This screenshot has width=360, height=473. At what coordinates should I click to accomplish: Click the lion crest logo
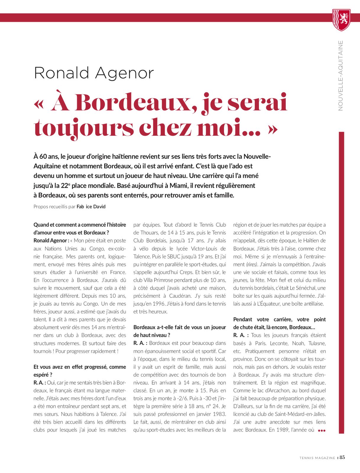click(341, 20)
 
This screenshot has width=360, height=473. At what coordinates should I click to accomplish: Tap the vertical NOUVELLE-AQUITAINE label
click(340, 76)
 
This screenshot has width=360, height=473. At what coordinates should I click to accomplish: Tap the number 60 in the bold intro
click(43, 156)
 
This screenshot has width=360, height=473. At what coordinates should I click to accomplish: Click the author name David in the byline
click(99, 207)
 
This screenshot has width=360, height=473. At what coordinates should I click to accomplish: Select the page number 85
click(342, 457)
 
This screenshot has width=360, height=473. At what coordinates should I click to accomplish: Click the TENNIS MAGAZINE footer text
click(317, 458)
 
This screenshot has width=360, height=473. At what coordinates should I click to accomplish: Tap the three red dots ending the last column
click(322, 430)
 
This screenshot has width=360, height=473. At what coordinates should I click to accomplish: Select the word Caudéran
click(181, 296)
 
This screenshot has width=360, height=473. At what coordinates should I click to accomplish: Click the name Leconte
click(279, 343)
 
